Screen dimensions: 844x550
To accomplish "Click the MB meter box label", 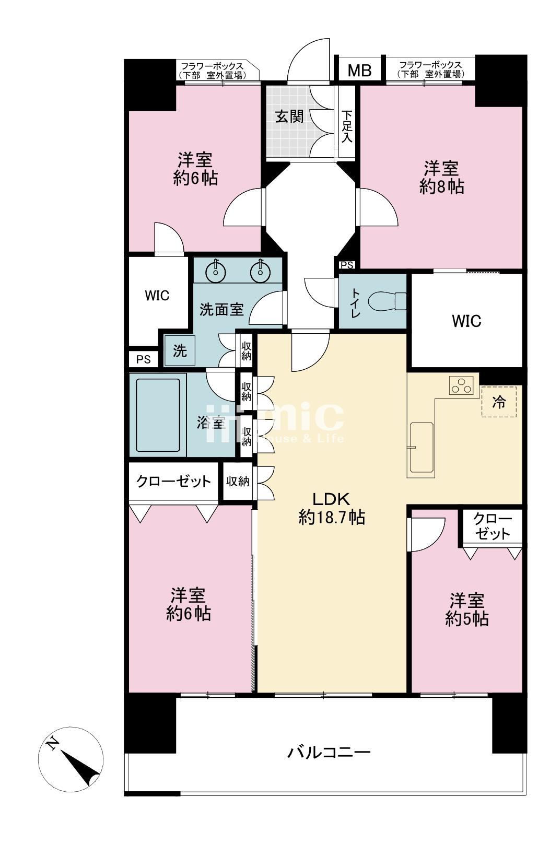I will [359, 70].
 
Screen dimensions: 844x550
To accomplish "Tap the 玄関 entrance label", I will [289, 116].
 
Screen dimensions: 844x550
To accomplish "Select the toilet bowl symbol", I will [387, 301].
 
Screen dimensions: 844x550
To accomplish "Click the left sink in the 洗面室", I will [216, 271].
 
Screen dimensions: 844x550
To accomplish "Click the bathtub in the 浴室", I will [158, 415].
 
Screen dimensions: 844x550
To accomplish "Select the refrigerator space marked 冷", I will [499, 402].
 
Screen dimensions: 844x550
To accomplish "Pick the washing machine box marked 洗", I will [180, 350].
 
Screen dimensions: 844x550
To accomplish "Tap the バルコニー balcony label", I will [329, 753].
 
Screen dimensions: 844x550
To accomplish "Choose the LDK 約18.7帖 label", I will [332, 507].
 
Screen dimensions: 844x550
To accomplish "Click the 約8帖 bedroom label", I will [441, 178].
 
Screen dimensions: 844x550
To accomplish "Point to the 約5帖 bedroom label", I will [467, 609].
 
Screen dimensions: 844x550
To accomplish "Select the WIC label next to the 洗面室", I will [157, 296].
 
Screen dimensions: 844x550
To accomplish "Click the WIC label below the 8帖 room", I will [466, 321].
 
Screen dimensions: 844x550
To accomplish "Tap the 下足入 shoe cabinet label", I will [347, 125].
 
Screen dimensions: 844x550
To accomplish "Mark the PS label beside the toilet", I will [347, 265].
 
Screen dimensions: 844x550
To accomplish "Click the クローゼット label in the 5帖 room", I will [492, 526].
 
